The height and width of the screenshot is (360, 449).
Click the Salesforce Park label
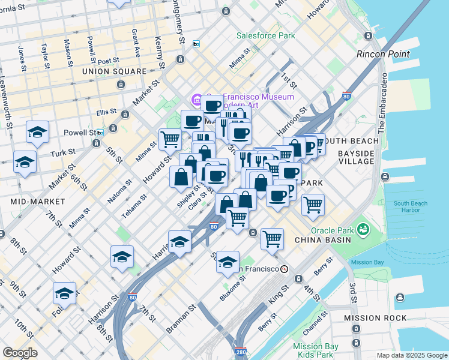265,35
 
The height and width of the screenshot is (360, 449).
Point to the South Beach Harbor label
411,207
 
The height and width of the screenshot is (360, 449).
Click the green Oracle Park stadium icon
363,229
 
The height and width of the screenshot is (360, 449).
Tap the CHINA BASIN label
322,240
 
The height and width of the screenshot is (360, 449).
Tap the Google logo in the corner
20,353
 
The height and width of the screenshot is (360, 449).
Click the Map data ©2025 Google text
412,355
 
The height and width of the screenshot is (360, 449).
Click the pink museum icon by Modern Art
196,99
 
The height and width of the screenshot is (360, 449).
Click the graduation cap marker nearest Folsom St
64,293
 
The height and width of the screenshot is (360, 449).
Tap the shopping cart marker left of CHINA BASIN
272,238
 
